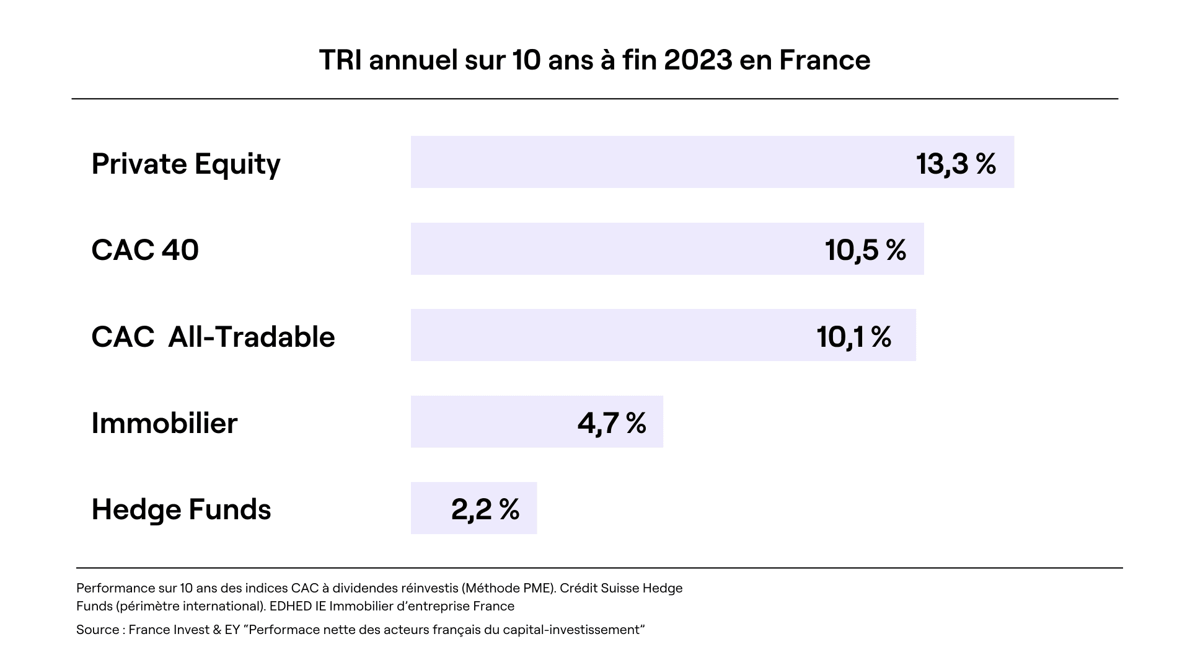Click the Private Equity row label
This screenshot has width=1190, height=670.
coord(186,164)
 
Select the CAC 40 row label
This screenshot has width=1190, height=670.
coord(145,250)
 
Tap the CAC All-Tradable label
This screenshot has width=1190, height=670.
coord(213,337)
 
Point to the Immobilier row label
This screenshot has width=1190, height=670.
coord(164,423)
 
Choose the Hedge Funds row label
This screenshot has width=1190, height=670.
coord(181,509)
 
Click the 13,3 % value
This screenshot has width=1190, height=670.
coord(956,164)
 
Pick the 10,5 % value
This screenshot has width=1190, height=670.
coord(865,250)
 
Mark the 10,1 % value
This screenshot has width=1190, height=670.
coord(854,337)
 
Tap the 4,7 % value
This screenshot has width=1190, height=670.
coord(612,423)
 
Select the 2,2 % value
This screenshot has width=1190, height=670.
coord(485,509)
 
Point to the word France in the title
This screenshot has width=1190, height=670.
coord(824,60)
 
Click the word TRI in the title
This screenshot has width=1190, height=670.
coord(340,60)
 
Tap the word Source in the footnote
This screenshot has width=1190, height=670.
coord(97,630)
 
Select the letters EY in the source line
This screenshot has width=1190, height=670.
coord(232,630)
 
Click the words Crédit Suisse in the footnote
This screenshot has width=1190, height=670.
coord(596,588)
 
